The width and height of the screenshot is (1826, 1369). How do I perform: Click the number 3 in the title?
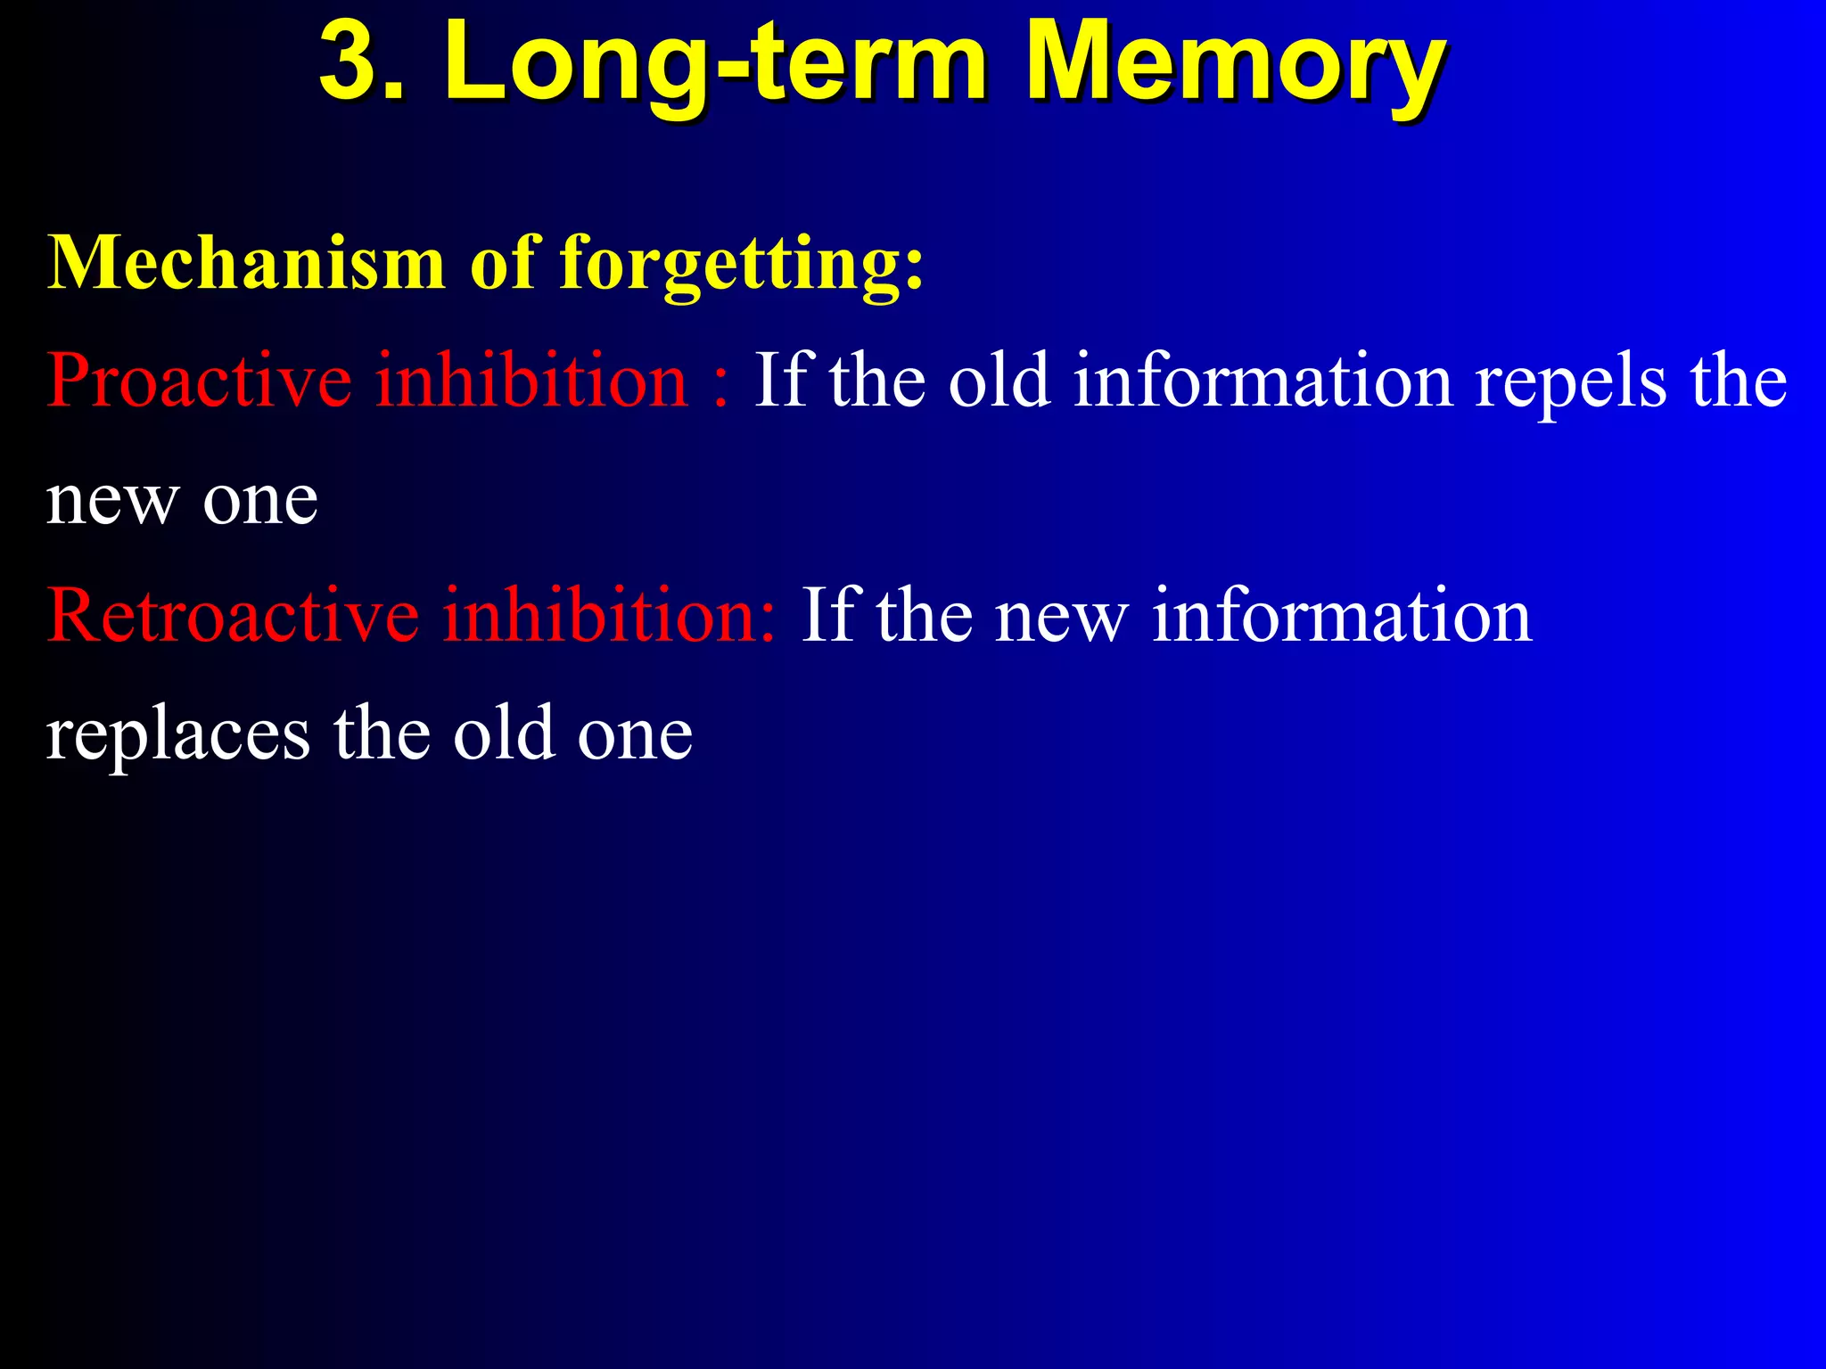[x=353, y=62]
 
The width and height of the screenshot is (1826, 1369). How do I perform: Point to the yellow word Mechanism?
[x=246, y=262]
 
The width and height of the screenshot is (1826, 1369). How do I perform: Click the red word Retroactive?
[x=233, y=615]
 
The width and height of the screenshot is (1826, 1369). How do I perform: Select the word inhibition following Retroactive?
[x=610, y=615]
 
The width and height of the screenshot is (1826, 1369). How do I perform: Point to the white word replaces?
[x=178, y=735]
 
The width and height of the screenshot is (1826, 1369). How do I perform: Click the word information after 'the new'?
[x=1342, y=615]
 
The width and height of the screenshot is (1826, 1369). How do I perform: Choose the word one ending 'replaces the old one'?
[x=635, y=736]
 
